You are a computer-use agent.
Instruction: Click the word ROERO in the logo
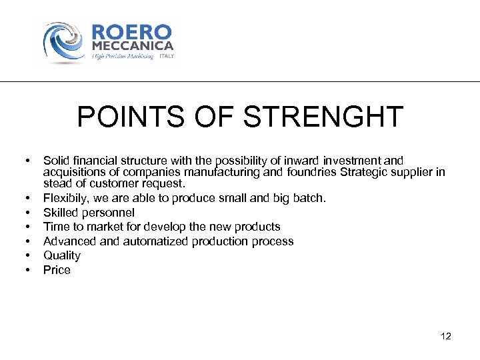(x=131, y=33)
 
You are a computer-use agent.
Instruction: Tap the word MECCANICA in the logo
(x=132, y=46)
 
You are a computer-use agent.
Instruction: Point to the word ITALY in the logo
(x=167, y=57)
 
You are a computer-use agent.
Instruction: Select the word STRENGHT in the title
(x=323, y=117)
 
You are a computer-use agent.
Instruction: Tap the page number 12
(x=446, y=336)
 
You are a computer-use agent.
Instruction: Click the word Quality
(x=62, y=255)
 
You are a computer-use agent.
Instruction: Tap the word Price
(x=57, y=270)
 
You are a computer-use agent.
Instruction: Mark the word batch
(x=311, y=198)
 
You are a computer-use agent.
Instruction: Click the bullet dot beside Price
(x=27, y=270)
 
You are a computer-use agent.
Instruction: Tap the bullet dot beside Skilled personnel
(x=27, y=213)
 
